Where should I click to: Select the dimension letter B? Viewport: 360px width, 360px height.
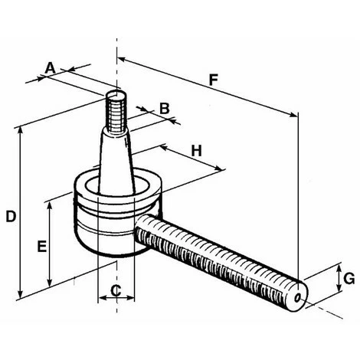[163, 108]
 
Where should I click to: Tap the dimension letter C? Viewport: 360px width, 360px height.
[116, 290]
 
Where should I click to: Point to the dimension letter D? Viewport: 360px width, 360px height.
[11, 216]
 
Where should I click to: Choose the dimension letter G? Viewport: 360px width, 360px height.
[349, 279]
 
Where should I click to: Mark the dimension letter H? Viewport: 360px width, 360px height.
[196, 151]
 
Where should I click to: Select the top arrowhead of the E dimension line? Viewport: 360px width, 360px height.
[51, 203]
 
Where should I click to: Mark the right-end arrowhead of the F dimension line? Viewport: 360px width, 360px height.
[295, 116]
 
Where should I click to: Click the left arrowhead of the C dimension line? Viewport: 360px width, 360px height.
[100, 299]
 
